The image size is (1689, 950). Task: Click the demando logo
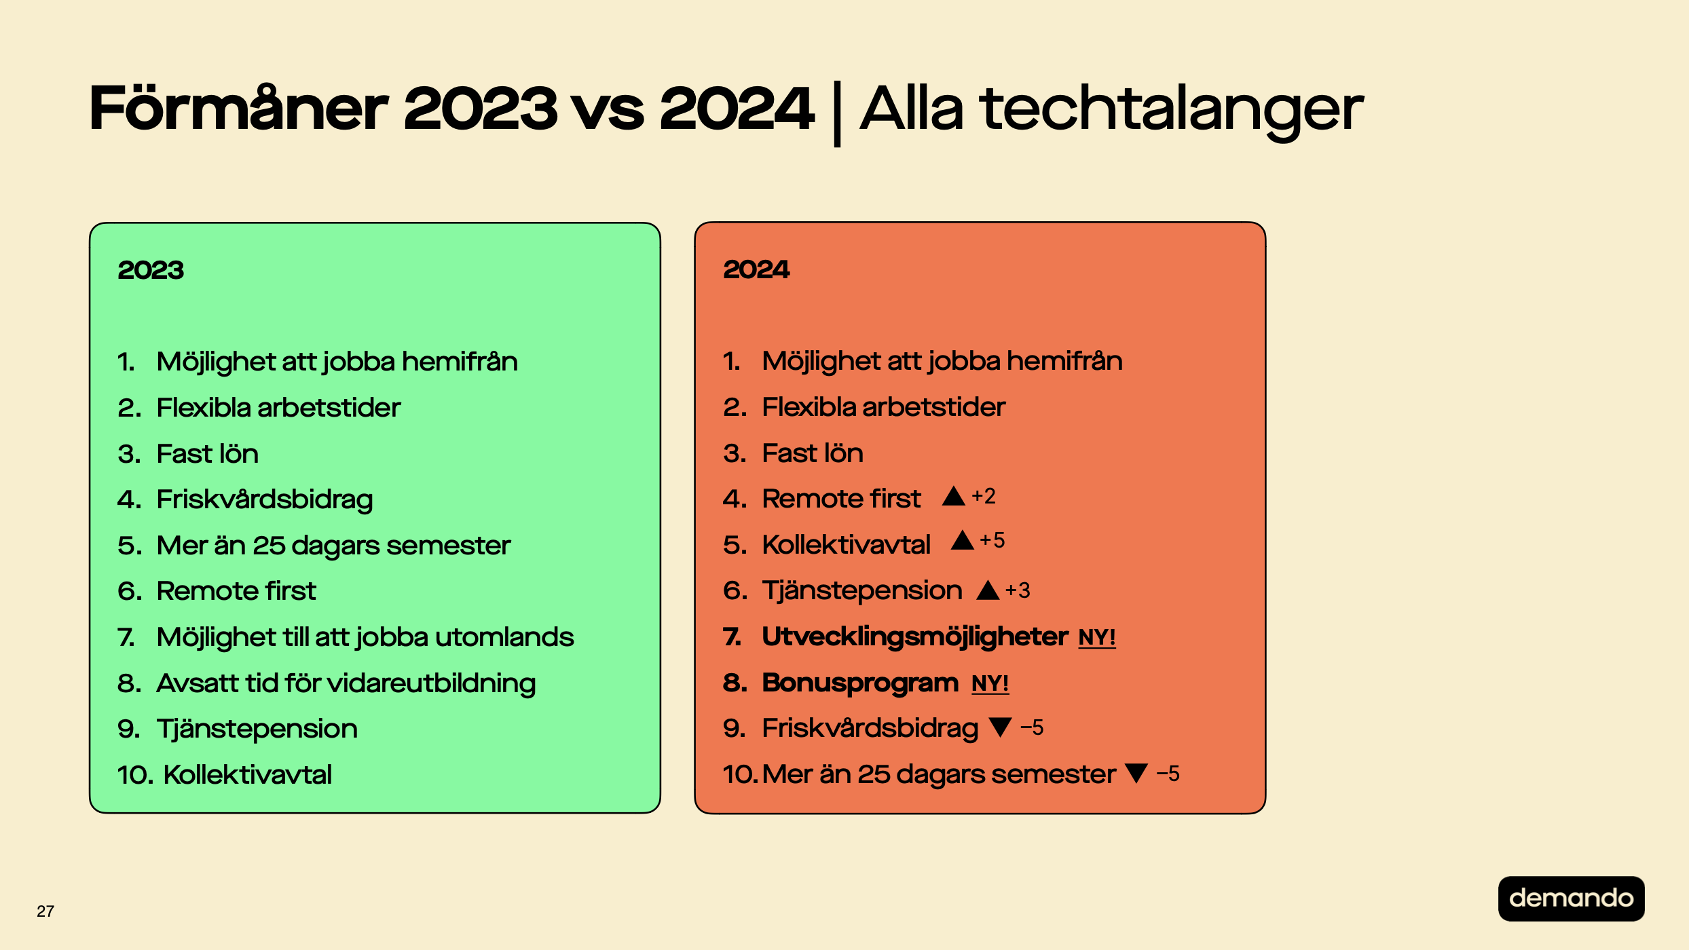(1571, 898)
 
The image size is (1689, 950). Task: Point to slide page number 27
(45, 911)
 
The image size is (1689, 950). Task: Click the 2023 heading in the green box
(151, 270)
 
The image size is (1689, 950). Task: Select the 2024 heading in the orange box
(756, 269)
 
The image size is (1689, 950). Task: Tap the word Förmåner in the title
(238, 109)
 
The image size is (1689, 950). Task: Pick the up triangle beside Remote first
(954, 496)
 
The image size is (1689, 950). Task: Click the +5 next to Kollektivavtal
(992, 541)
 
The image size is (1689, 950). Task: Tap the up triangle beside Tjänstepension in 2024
(988, 590)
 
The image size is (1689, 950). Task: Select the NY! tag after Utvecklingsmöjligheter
(1097, 638)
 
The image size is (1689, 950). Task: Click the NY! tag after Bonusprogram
(990, 683)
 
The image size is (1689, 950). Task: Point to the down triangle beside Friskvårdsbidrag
(1001, 727)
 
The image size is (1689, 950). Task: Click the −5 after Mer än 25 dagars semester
(1168, 774)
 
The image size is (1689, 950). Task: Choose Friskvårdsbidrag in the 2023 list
(265, 500)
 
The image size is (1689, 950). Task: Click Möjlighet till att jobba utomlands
(365, 638)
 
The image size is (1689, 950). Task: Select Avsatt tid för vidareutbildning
(346, 683)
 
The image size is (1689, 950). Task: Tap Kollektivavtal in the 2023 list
(248, 775)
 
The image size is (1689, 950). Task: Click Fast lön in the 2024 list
(813, 453)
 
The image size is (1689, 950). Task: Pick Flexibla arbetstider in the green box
(278, 408)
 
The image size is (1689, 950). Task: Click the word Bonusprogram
(860, 683)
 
